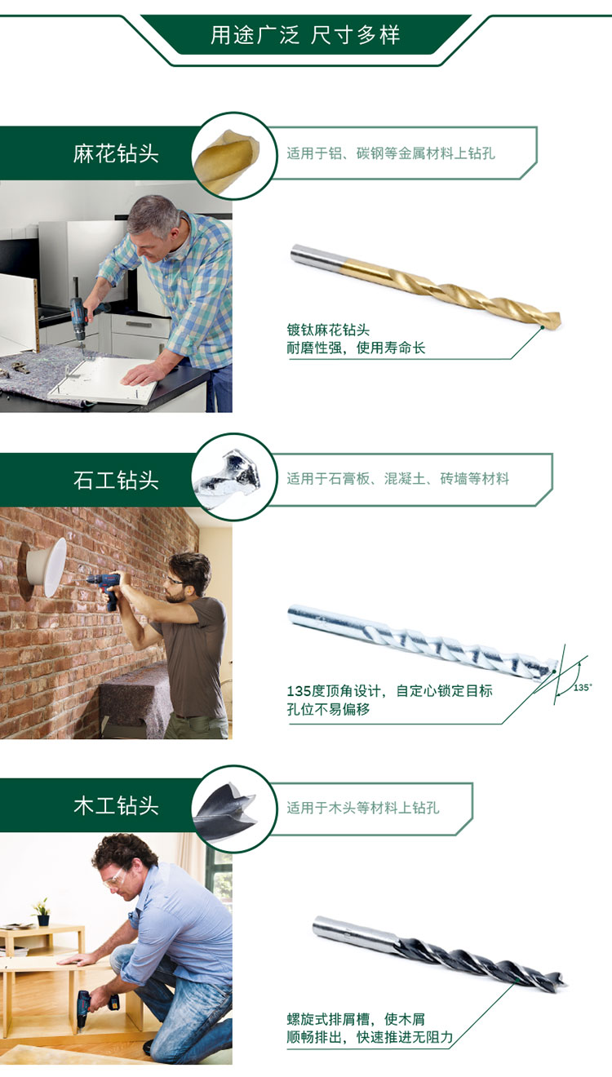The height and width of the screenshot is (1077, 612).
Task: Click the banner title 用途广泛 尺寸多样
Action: tap(305, 35)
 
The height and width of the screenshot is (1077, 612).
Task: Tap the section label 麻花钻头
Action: tap(116, 154)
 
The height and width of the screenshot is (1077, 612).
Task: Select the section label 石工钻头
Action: tap(116, 481)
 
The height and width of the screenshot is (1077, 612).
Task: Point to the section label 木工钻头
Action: tap(116, 806)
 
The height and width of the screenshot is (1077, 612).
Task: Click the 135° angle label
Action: tap(582, 688)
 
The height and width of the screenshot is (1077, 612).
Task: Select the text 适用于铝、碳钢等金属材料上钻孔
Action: tap(391, 153)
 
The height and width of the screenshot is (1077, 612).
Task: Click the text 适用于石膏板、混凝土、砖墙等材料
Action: tap(398, 479)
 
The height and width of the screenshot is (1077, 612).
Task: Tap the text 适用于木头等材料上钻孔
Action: tap(363, 808)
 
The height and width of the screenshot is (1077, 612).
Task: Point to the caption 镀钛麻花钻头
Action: tap(328, 330)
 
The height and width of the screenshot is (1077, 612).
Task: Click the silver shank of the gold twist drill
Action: tap(318, 255)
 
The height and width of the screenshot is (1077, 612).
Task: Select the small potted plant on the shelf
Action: tap(42, 911)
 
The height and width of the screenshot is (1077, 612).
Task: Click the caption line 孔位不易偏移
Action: tap(328, 710)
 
